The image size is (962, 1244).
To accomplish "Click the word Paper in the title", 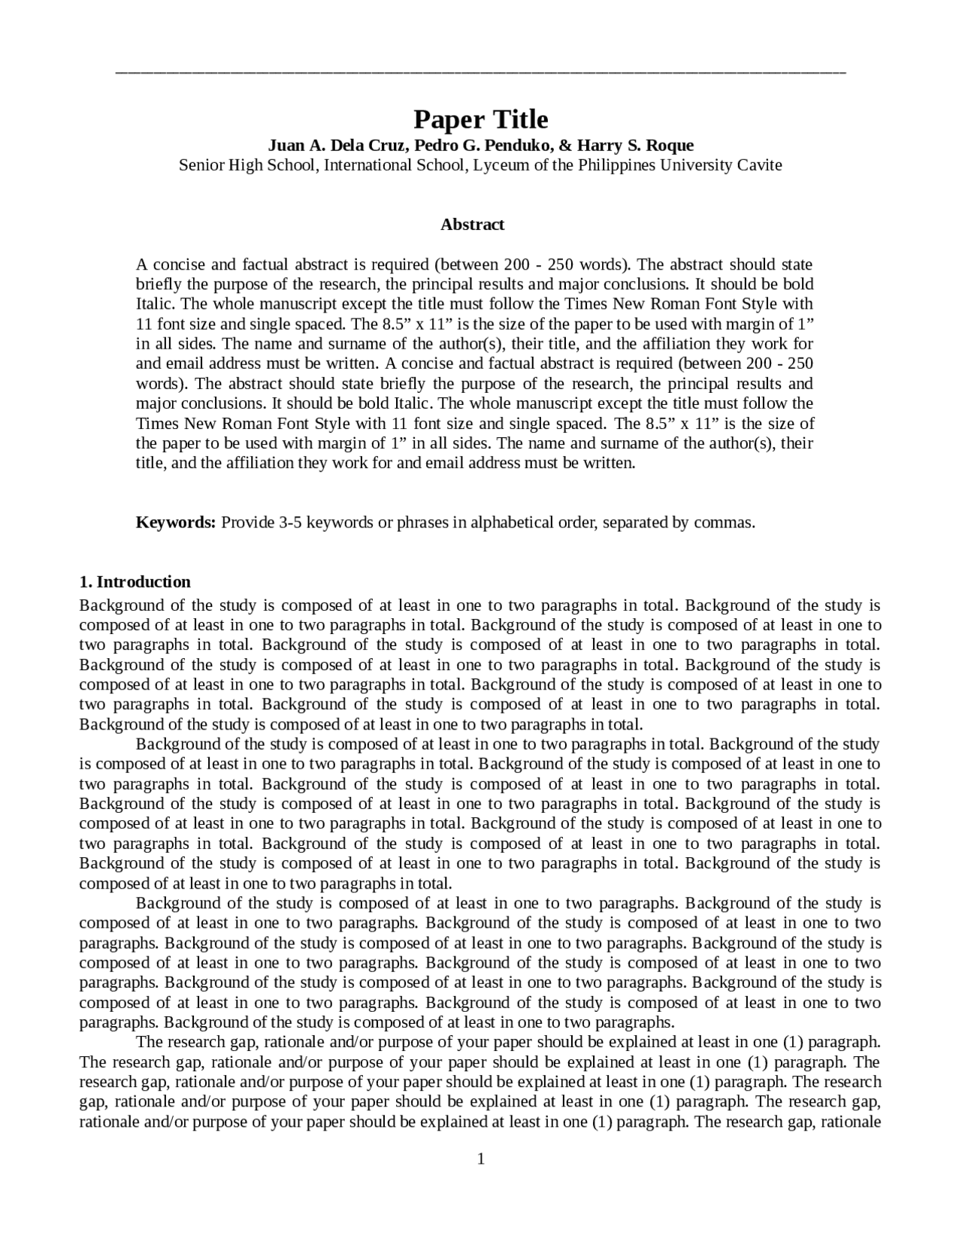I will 448,120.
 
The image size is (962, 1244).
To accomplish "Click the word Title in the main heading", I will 520,120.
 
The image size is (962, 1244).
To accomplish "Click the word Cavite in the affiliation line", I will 759,165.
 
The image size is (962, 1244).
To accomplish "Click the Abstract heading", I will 472,225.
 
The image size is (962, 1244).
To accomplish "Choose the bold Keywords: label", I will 176,522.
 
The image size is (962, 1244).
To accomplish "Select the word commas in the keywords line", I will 730,522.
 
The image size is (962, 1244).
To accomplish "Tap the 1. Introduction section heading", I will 135,581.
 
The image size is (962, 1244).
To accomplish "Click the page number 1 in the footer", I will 481,1159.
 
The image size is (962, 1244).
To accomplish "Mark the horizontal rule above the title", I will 481,73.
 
